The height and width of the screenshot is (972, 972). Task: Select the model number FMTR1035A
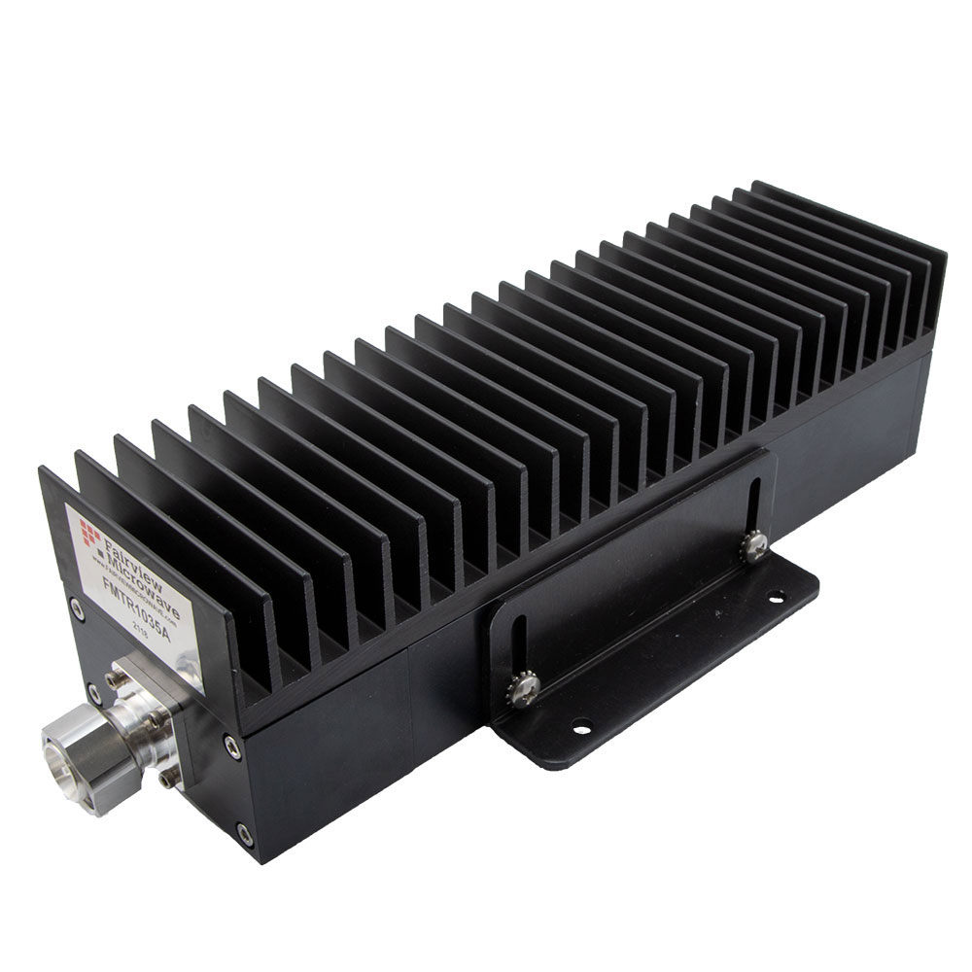point(136,607)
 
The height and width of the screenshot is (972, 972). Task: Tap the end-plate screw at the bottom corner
point(243,832)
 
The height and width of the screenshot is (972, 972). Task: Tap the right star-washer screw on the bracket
point(752,549)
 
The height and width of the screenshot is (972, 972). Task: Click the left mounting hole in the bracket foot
point(580,724)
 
